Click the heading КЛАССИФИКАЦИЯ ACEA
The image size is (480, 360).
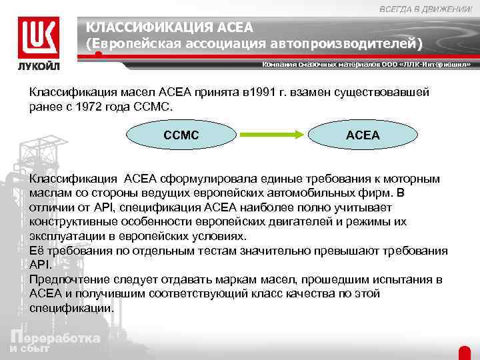tap(170, 27)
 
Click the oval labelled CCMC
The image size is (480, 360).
tap(181, 135)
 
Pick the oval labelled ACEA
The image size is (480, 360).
tap(363, 135)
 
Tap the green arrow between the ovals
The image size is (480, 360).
tap(272, 135)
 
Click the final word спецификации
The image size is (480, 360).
tap(71, 309)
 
